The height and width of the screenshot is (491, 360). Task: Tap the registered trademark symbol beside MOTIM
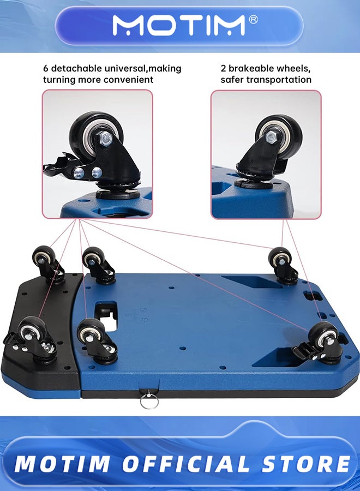253,19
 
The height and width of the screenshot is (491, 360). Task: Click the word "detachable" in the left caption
76,69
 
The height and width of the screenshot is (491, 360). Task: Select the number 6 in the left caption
46,69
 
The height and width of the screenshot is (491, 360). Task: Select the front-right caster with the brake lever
322,341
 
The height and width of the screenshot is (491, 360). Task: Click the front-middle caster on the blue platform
94,338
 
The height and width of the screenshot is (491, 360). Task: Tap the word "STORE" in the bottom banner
306,464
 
